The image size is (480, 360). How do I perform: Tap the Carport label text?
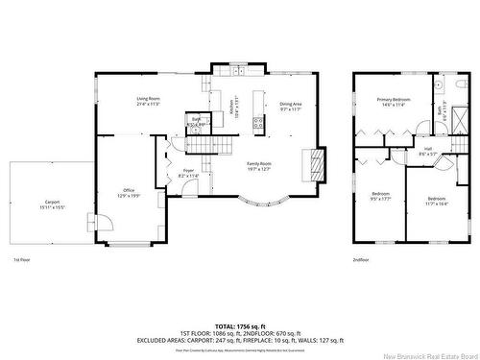(52, 204)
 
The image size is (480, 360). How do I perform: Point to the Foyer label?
(189, 173)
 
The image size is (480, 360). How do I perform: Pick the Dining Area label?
(291, 107)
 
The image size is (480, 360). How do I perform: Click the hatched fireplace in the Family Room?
(309, 164)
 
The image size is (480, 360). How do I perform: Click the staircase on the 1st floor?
(204, 144)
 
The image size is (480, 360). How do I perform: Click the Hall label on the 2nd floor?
(427, 151)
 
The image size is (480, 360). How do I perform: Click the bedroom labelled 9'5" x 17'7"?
(380, 198)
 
